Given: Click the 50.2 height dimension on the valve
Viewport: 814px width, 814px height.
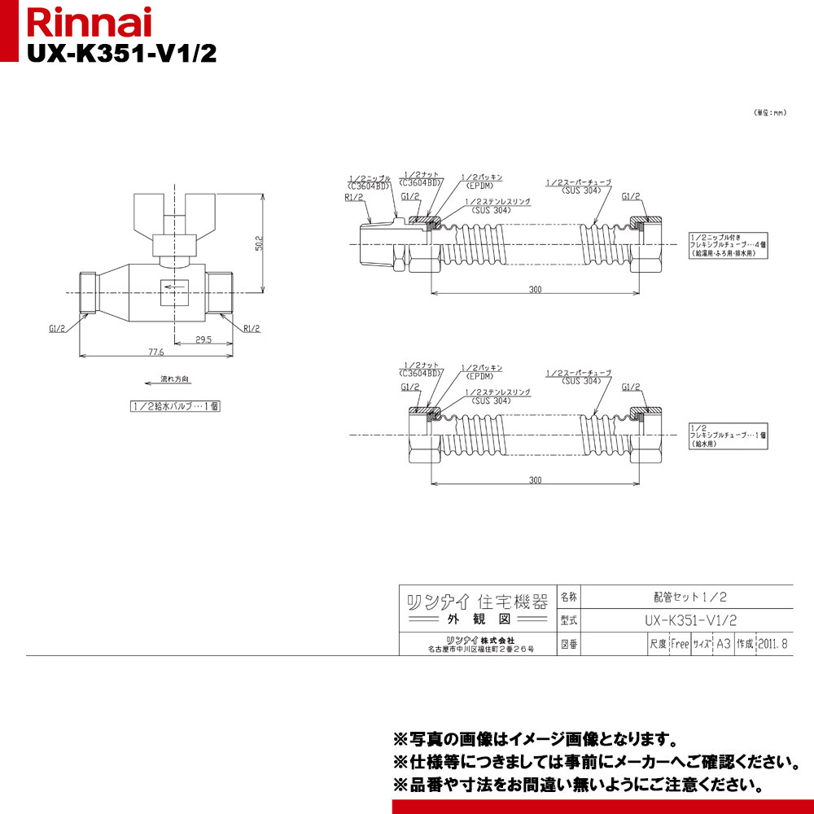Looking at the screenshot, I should click(x=258, y=243).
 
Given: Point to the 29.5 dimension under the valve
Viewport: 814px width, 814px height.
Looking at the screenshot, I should click(x=203, y=339).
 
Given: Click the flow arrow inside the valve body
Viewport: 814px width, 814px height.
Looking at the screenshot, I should click(x=174, y=285).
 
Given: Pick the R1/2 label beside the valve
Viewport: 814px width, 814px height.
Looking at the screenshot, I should click(x=252, y=328).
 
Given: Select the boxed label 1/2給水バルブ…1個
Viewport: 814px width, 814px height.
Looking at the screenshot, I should click(x=174, y=406).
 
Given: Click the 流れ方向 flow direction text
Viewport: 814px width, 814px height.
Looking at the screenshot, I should click(x=173, y=379).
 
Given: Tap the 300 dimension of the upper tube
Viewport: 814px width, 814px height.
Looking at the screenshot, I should click(x=534, y=290).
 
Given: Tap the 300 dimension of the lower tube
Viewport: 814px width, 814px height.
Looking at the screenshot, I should click(x=534, y=480).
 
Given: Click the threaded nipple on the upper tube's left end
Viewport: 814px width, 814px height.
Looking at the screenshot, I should click(x=377, y=243).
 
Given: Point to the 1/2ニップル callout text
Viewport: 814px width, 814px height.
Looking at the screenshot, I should click(x=370, y=177).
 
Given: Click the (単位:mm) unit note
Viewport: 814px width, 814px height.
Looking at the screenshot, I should click(x=768, y=113).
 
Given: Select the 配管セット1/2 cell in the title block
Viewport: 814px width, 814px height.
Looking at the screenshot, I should click(x=689, y=596).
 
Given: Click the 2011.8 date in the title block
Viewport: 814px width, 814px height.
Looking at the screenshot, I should click(x=773, y=643).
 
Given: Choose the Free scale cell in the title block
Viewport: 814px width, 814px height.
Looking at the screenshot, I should click(x=679, y=643).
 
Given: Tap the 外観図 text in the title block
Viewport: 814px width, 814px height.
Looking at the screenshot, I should click(x=477, y=619).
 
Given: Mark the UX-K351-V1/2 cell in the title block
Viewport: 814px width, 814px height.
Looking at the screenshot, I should click(x=689, y=619).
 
